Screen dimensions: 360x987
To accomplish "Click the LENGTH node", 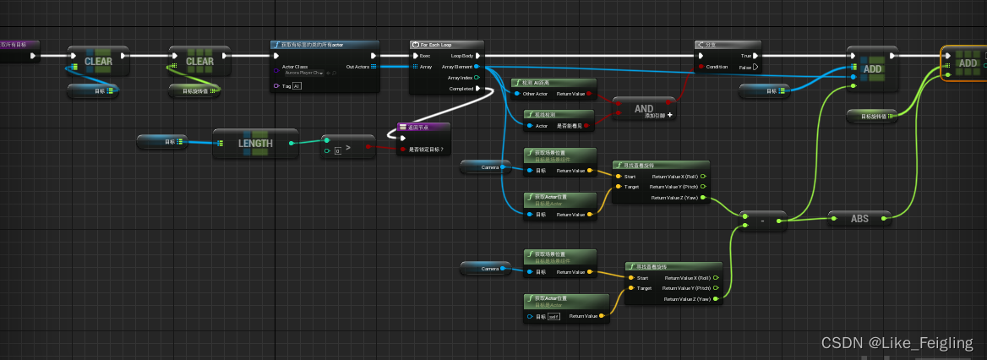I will pyautogui.click(x=255, y=144).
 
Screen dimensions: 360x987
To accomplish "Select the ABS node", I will pyautogui.click(x=859, y=218).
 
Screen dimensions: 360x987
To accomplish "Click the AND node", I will pyautogui.click(x=644, y=109).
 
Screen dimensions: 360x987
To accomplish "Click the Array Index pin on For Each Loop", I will pyautogui.click(x=477, y=77).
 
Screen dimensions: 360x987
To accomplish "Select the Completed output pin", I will pyautogui.click(x=477, y=88).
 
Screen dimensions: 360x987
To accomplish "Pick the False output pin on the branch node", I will pyautogui.click(x=755, y=67).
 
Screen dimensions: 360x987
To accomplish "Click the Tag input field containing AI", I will pyautogui.click(x=297, y=86).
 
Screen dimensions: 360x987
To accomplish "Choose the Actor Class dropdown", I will pyautogui.click(x=303, y=74).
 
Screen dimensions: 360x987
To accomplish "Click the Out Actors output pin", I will pyautogui.click(x=374, y=66).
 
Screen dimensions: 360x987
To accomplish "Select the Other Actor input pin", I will pyautogui.click(x=517, y=94).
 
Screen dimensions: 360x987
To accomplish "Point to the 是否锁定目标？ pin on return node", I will pyautogui.click(x=402, y=150).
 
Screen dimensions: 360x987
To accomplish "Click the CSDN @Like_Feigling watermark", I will pyautogui.click(x=897, y=343).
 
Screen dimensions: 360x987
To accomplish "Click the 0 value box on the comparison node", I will pyautogui.click(x=337, y=150).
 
